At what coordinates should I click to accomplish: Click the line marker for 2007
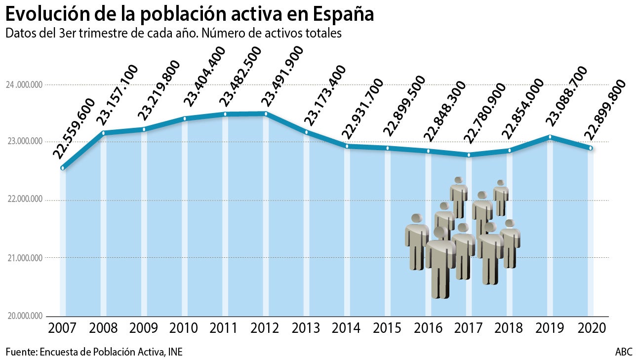63,168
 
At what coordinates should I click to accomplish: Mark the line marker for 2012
266,114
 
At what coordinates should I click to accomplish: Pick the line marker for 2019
550,137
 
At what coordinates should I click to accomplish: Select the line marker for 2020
590,148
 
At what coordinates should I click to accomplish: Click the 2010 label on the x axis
184,328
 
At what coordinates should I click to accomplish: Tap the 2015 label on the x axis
387,328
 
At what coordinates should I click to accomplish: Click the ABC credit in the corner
623,352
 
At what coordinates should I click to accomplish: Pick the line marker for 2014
347,146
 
